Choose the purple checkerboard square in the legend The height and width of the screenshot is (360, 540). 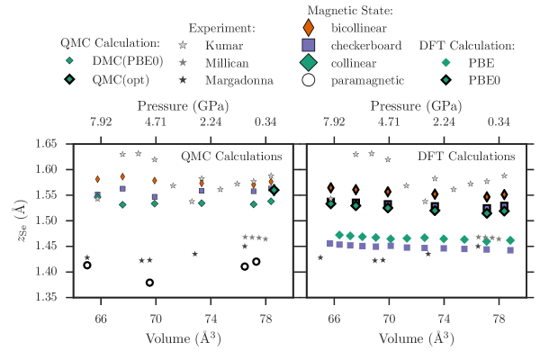point(308,44)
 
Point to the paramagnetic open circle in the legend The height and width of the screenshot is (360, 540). point(308,80)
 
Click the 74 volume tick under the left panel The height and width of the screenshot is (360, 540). point(211,319)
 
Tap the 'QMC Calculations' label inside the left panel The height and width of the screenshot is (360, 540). point(237,157)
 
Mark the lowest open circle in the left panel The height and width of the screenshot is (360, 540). point(150,283)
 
